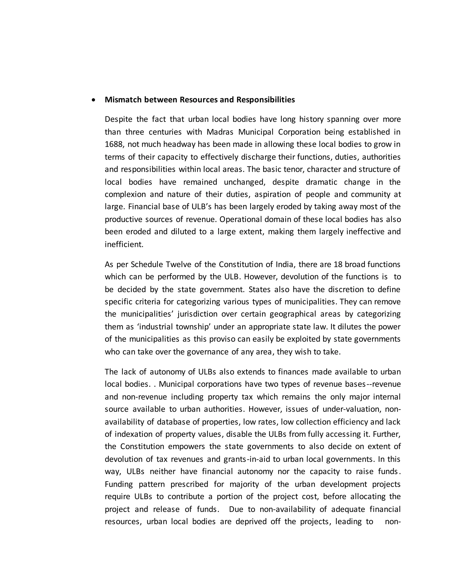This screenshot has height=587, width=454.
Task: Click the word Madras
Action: [x=220, y=132]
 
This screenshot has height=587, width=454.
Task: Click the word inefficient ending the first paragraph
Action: [x=124, y=244]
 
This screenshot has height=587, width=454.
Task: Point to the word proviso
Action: [x=222, y=339]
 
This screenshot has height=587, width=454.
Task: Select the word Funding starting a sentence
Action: [x=119, y=484]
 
